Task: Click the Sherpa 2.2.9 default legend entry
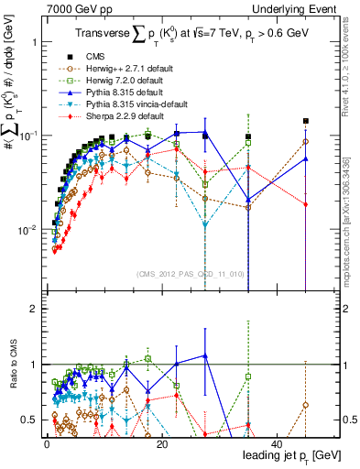click(111, 116)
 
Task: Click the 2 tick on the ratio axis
click(32, 310)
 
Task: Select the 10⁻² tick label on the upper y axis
click(25, 229)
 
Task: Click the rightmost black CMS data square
click(306, 121)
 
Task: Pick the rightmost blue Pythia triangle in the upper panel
click(306, 158)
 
